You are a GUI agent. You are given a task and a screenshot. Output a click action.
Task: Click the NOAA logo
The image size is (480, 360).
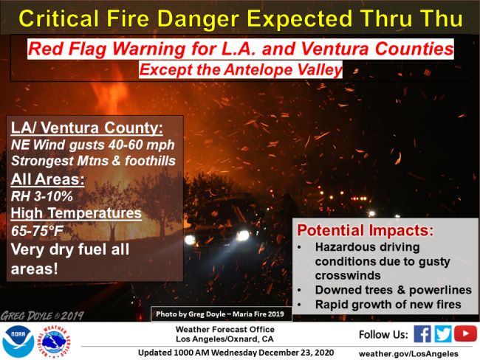pyautogui.click(x=18, y=342)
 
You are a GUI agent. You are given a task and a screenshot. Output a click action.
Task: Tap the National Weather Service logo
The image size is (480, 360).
pyautogui.click(x=53, y=342)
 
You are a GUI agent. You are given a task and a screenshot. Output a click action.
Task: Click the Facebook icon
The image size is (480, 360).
pyautogui.click(x=422, y=333)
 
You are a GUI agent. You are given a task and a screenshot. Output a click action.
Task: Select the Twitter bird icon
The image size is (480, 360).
pyautogui.click(x=443, y=333)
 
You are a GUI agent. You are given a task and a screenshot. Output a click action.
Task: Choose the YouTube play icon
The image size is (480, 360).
pyautogui.click(x=465, y=333)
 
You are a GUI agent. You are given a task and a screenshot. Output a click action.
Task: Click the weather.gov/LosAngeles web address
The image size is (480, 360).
pyautogui.click(x=408, y=353)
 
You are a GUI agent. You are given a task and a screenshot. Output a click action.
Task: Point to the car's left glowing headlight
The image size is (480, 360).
pyautogui.click(x=190, y=240)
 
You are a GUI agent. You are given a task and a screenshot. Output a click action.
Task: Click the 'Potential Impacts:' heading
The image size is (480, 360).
pyautogui.click(x=366, y=230)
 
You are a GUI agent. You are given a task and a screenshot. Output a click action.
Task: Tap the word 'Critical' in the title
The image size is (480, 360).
pyautogui.click(x=59, y=18)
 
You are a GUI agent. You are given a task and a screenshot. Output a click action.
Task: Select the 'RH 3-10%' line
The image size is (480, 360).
pyautogui.click(x=42, y=196)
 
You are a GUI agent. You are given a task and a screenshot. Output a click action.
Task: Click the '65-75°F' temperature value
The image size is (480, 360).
pyautogui.click(x=37, y=231)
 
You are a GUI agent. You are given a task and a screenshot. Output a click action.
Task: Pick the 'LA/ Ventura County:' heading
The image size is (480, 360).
pyautogui.click(x=87, y=128)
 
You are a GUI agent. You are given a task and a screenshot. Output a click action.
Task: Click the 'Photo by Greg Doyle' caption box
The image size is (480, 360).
pyautogui.click(x=221, y=314)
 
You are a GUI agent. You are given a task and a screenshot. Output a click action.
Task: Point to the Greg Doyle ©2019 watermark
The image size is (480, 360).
pyautogui.click(x=42, y=316)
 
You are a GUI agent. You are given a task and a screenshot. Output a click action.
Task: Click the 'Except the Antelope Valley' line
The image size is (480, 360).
pyautogui.click(x=241, y=70)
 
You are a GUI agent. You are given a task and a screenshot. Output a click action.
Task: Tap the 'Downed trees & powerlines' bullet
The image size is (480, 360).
pyautogui.click(x=394, y=290)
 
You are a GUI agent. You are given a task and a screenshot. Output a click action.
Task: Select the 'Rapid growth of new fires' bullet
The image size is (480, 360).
pyautogui.click(x=388, y=305)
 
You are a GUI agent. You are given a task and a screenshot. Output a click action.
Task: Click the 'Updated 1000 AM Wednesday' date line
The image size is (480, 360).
pyautogui.click(x=236, y=353)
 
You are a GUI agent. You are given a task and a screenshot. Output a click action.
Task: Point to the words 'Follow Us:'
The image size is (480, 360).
pyautogui.click(x=383, y=335)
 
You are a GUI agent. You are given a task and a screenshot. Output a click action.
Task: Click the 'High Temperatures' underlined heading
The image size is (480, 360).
pyautogui.click(x=76, y=213)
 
